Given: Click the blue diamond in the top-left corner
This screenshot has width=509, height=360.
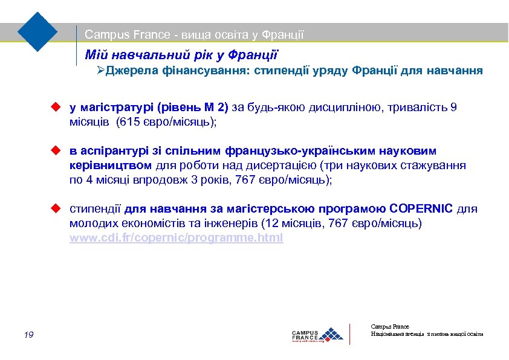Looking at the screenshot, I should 37,31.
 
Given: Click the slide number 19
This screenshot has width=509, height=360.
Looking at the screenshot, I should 29,335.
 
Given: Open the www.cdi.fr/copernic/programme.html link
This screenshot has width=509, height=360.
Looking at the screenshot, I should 176,238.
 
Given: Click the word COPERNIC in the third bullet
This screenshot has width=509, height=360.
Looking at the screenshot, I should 421,209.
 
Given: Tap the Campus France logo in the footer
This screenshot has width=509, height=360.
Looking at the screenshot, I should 317,335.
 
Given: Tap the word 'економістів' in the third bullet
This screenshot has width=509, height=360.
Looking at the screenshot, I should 149,223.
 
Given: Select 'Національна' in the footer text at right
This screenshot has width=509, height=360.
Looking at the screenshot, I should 387,334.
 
